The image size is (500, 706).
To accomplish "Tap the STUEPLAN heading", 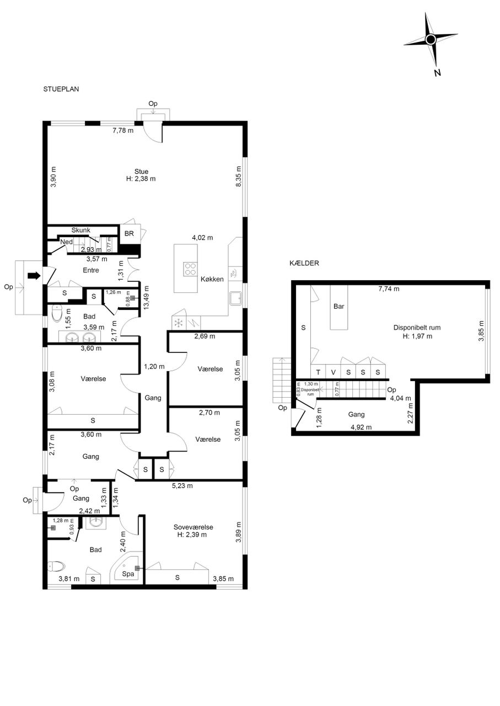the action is click(x=61, y=89).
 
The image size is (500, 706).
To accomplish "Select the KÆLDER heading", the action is click(x=304, y=263).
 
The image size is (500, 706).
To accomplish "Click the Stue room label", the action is click(x=141, y=172).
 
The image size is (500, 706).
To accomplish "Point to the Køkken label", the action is click(x=212, y=279).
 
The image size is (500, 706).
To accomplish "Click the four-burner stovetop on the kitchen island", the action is click(x=190, y=269).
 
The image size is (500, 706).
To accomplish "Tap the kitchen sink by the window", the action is click(x=235, y=298).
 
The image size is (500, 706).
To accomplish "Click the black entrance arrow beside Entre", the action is click(x=34, y=276).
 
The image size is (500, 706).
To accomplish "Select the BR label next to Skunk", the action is click(x=129, y=233).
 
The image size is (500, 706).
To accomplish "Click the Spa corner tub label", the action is click(x=128, y=574).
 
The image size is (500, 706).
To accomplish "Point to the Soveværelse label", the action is click(x=193, y=527).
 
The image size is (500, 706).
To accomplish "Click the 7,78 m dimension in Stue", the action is click(x=123, y=130).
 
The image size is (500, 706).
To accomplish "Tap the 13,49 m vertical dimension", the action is click(x=146, y=297).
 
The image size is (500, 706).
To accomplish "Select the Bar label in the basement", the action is click(x=338, y=306).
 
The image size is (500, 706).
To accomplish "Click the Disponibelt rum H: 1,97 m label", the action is click(x=417, y=331).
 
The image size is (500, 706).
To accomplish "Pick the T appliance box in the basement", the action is click(x=318, y=372).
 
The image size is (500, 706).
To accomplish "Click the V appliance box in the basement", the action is click(x=333, y=372).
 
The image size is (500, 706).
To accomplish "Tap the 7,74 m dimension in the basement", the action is click(x=389, y=288).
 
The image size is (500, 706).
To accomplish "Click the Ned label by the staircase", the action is click(x=67, y=242).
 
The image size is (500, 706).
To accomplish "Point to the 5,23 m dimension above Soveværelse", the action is click(x=182, y=486).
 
